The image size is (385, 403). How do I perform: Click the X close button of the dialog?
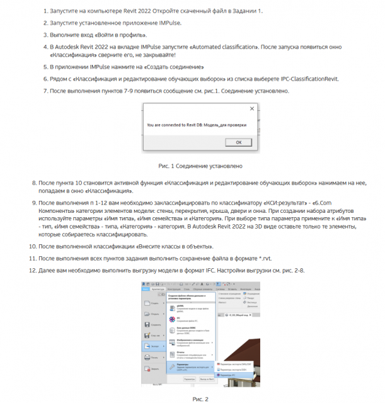[251, 108]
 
